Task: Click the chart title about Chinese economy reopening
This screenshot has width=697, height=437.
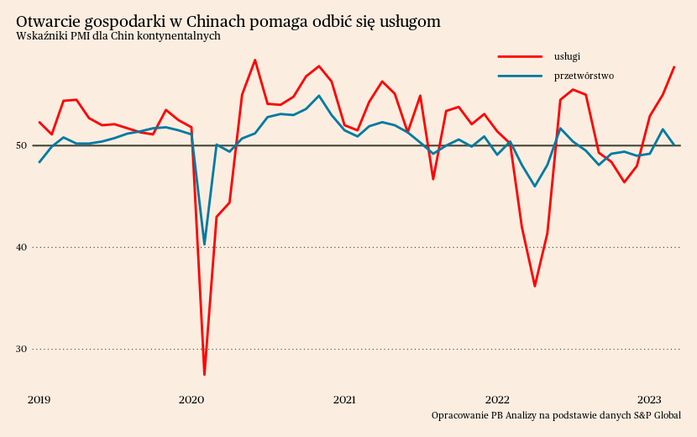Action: (x=228, y=21)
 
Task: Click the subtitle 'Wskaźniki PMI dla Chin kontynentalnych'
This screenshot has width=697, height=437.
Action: (x=118, y=36)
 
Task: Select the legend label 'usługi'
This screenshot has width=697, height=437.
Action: (x=567, y=56)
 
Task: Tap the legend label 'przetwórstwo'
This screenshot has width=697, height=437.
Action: (x=584, y=76)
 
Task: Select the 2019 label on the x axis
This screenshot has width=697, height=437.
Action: (x=39, y=399)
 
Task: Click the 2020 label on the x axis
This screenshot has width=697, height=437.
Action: (x=191, y=399)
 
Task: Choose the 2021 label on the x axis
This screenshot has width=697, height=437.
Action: (x=344, y=399)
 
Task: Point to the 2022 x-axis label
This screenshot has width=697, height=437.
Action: (x=497, y=399)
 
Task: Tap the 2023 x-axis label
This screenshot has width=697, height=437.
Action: (x=649, y=399)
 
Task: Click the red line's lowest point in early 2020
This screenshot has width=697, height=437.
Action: (x=204, y=374)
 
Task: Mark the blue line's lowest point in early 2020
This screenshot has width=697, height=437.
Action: (x=204, y=245)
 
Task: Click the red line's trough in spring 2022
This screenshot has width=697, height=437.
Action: (x=535, y=287)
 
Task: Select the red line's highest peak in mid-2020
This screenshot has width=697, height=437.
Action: (x=254, y=60)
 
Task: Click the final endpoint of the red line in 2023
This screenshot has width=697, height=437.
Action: (x=674, y=66)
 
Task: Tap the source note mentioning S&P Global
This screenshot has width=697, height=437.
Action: (x=556, y=415)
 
